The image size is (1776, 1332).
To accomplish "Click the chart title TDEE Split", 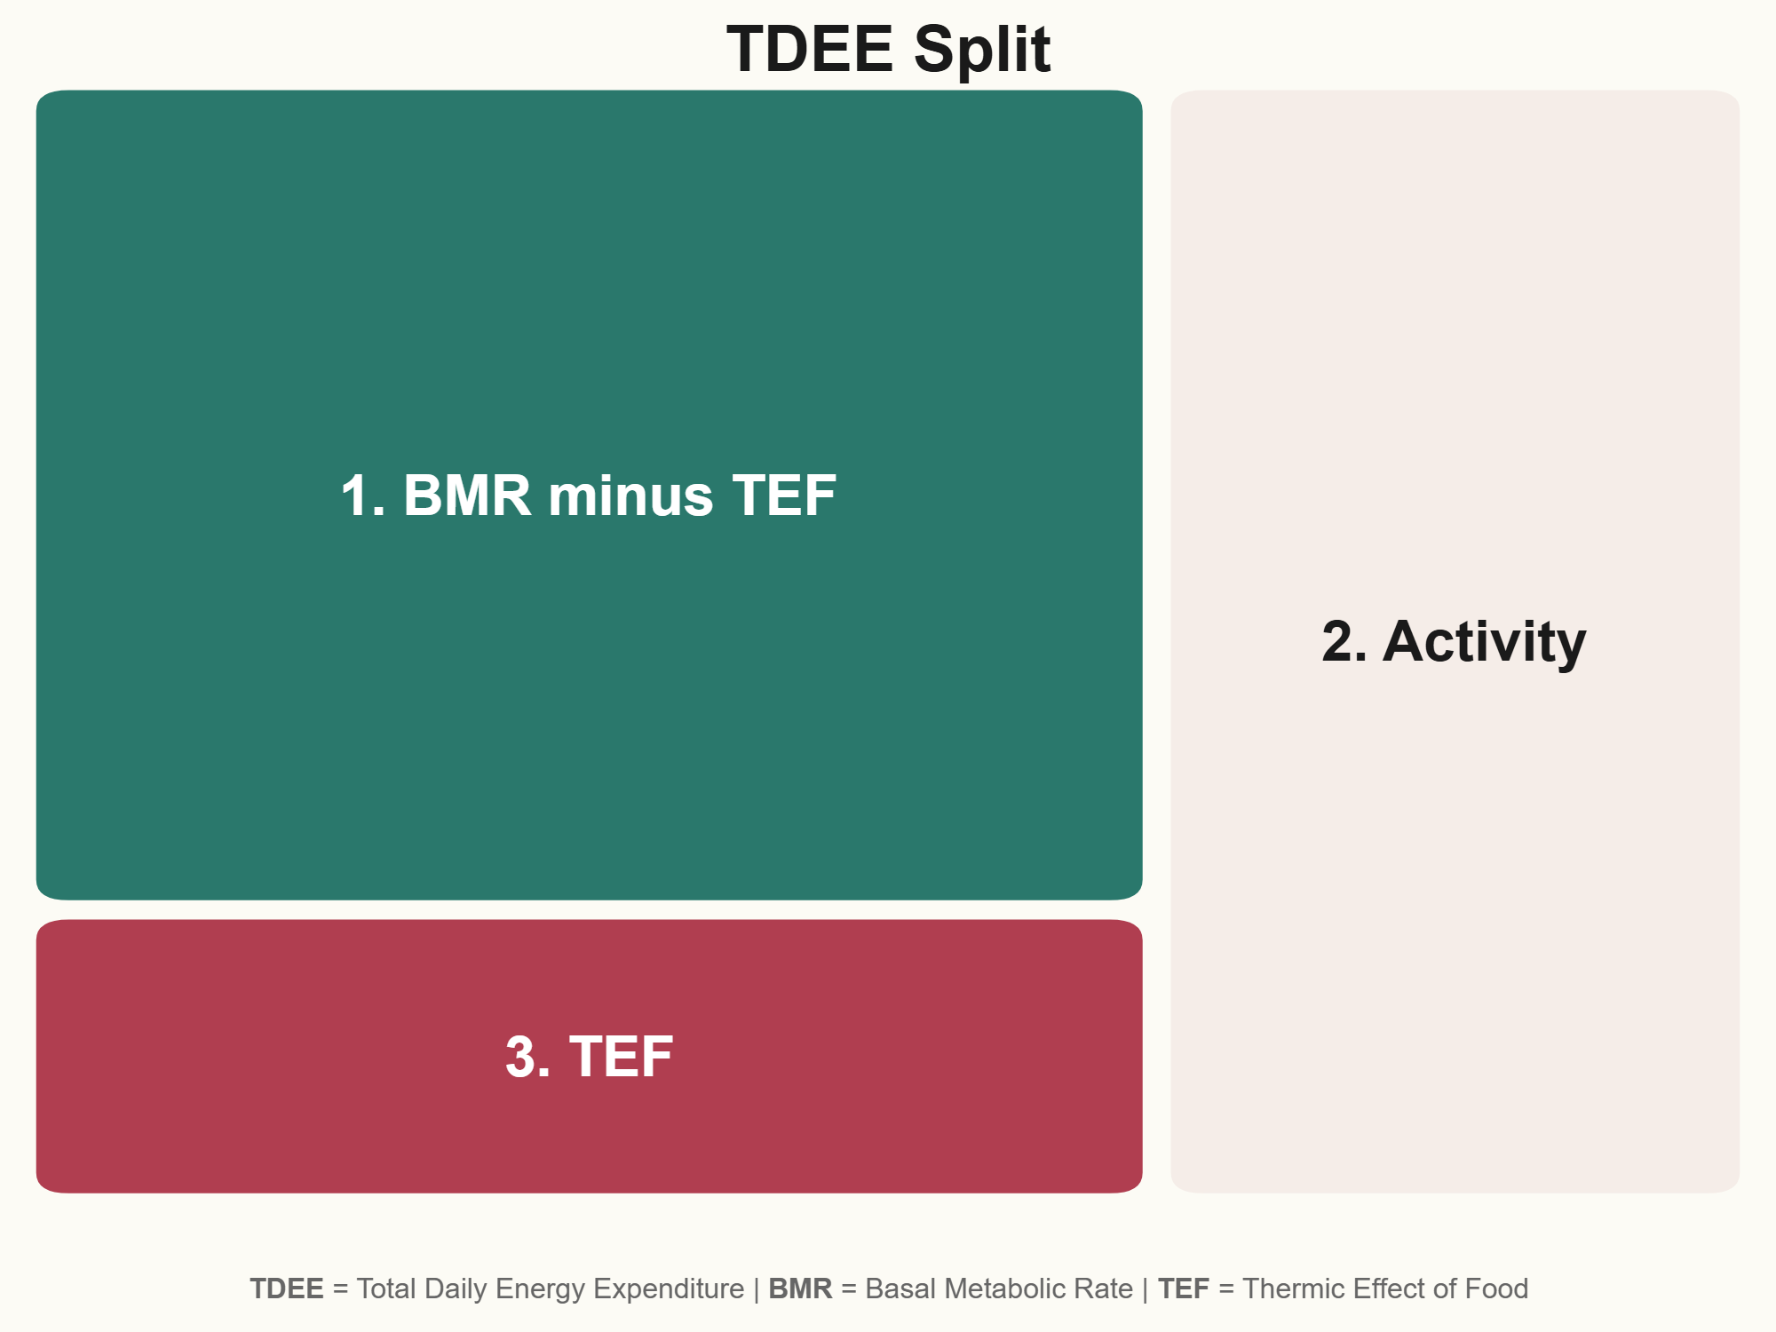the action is coord(888,49).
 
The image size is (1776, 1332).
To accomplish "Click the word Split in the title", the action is coord(982,49).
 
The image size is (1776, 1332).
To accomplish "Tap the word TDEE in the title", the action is coord(810,49).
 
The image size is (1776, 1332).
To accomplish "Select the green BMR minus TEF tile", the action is coord(589,495).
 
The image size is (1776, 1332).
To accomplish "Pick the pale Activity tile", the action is coord(1455,641).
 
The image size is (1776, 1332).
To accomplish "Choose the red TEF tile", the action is coord(589,1056).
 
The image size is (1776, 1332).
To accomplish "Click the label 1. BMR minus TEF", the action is coord(588,495).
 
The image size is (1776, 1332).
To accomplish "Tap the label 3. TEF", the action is coord(589,1057).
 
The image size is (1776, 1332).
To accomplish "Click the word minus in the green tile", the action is coord(630,496).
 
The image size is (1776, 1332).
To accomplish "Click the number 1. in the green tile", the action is coord(363,495).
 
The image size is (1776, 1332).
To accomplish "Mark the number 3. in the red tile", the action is coord(527,1057).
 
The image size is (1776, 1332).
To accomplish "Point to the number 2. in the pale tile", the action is coord(1344,641).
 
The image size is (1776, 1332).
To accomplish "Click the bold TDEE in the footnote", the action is coord(287,1288).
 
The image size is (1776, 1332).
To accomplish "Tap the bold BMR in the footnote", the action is coord(800,1288).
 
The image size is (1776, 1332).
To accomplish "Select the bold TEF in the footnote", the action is coord(1184,1288).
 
